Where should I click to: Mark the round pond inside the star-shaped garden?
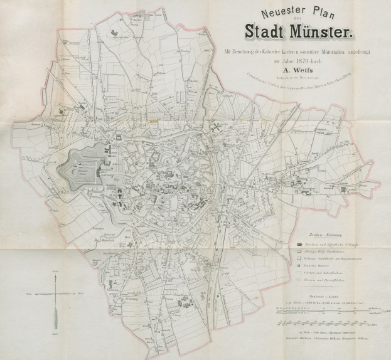pyautogui.click(x=81, y=167)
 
